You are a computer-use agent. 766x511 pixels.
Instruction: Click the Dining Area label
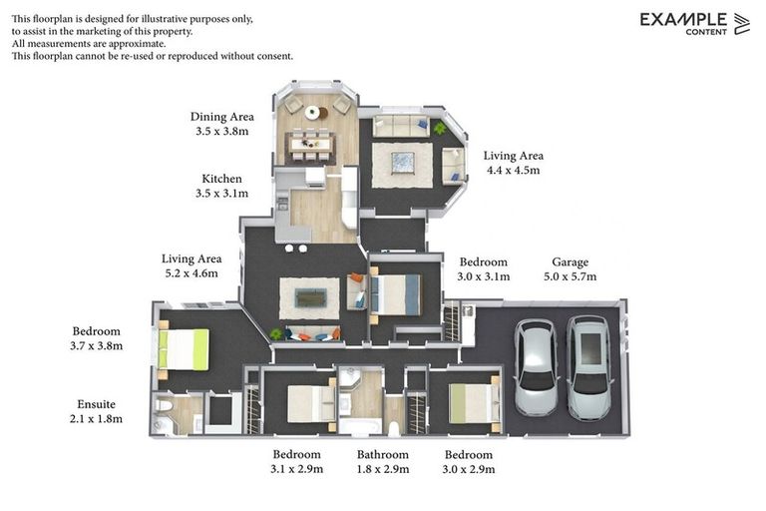coord(221,117)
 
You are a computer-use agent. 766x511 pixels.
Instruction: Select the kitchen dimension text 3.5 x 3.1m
coord(221,194)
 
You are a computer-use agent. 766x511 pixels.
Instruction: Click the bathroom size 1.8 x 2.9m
coord(383,469)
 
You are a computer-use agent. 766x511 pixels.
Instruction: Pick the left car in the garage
coord(537,367)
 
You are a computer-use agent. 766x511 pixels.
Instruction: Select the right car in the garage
coord(587,365)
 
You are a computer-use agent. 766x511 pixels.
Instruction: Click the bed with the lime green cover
coord(185,350)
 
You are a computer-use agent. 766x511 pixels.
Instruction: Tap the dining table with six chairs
coord(309,146)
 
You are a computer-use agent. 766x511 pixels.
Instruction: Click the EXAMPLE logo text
coord(683,19)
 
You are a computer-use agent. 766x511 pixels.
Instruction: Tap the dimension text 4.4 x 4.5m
coord(512,171)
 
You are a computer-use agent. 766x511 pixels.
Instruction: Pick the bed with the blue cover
coord(396,294)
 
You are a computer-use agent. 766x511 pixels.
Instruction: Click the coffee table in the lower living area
coord(310,297)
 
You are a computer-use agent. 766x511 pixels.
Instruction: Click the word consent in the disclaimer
coord(271,56)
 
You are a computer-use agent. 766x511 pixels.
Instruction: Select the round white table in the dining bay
coord(312,112)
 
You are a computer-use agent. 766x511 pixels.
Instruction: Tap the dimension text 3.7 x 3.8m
coord(97,346)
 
